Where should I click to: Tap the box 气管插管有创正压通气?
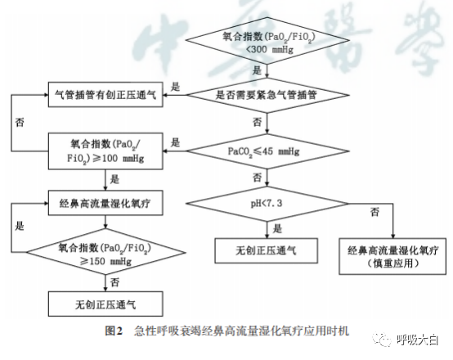105,94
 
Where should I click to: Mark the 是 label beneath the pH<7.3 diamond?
277,228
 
